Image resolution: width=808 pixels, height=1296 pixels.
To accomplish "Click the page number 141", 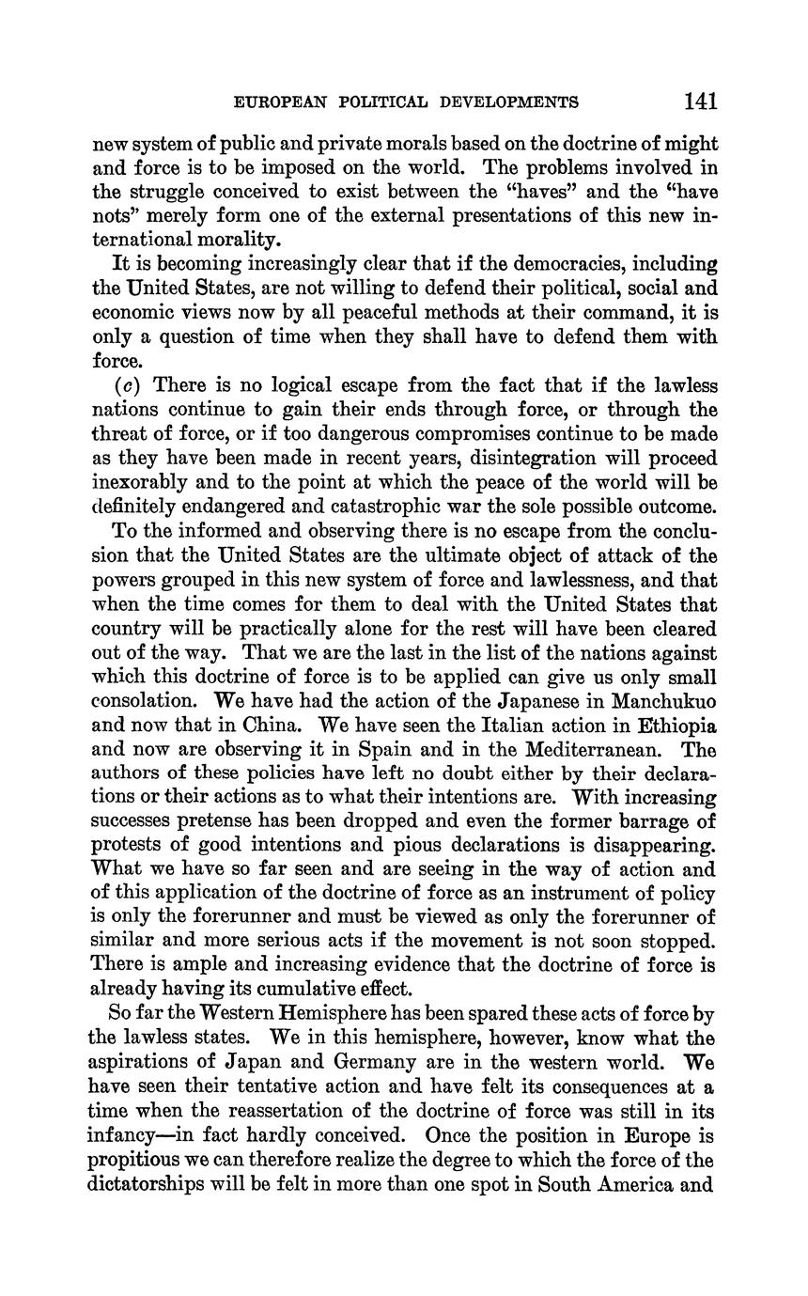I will coord(702,101).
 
